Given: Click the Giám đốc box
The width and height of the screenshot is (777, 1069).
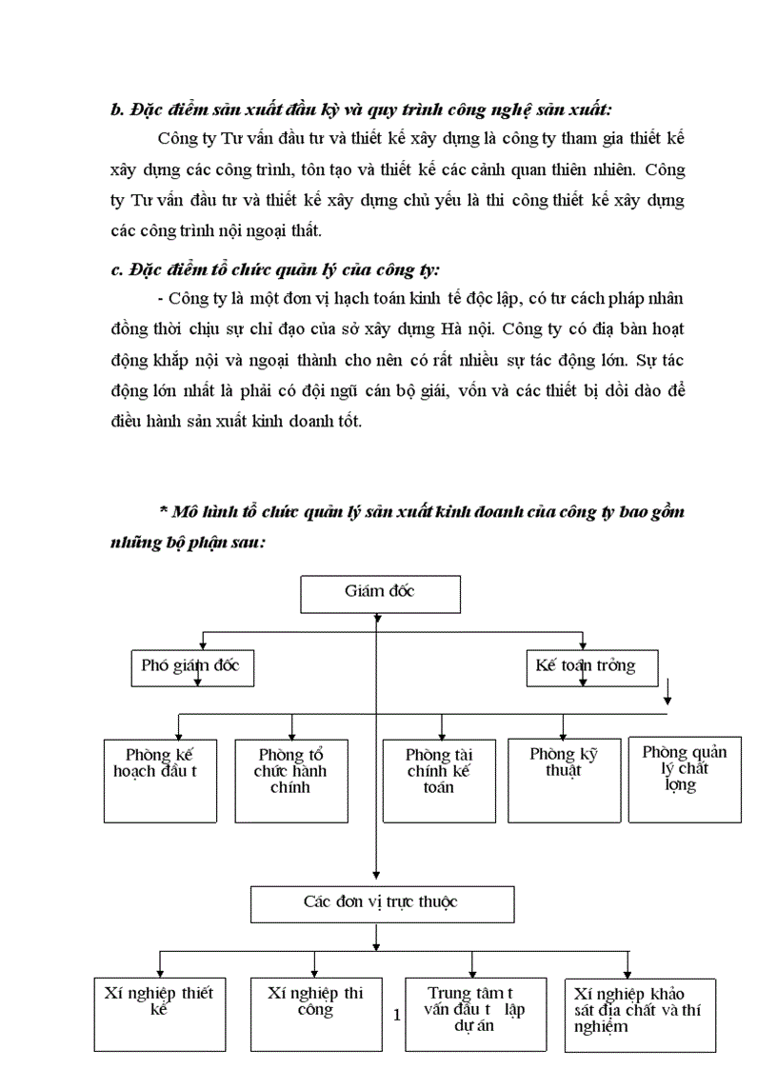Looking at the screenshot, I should coord(380,594).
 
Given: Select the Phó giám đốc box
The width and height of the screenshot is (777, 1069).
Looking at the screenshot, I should coord(191,667).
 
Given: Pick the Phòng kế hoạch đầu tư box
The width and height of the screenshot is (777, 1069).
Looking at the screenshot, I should coord(160,781).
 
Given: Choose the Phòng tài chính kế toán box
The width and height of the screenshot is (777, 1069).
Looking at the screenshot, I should coord(438,781).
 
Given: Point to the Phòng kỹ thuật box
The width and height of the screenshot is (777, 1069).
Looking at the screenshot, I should coord(564,781).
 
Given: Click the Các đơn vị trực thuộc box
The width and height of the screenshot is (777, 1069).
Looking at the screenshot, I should coord(381,903).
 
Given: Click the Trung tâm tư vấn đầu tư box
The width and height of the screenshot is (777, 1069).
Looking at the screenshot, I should coord(476,1014).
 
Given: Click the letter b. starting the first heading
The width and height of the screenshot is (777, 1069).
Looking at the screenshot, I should coord(118,109).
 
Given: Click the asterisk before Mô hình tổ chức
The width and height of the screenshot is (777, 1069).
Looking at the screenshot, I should coord(163,511).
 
